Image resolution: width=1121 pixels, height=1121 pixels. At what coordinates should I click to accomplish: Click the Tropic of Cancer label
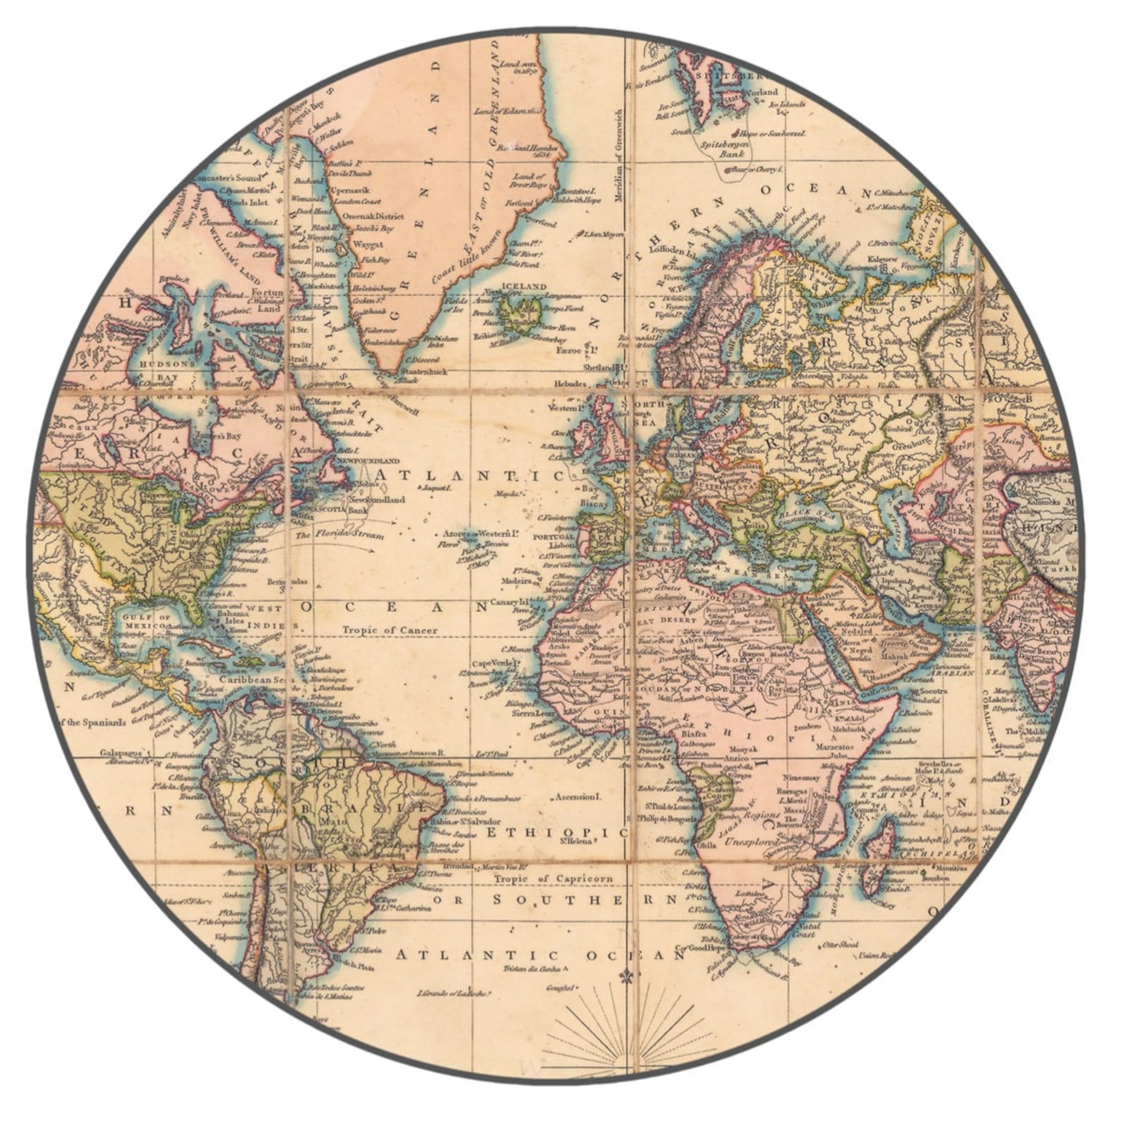click(390, 630)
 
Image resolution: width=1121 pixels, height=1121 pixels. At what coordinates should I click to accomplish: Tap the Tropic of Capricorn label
click(553, 879)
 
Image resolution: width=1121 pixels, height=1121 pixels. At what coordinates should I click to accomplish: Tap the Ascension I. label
click(578, 797)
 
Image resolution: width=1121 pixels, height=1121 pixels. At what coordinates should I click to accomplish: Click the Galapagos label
click(116, 753)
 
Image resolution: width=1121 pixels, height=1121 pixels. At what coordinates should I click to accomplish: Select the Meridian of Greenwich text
click(619, 155)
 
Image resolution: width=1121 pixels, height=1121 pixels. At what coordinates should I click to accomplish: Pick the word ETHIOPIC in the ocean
click(556, 833)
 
